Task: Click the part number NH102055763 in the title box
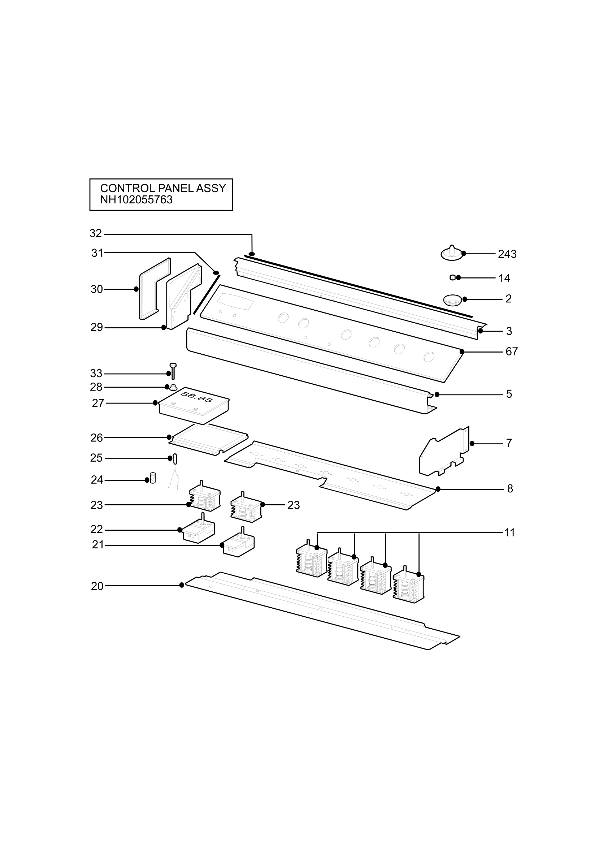[136, 200]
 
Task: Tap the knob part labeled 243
[452, 253]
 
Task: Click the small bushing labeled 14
[452, 278]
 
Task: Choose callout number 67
[512, 351]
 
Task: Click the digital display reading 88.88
[196, 397]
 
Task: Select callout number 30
[97, 289]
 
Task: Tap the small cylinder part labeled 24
[153, 478]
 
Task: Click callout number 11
[510, 532]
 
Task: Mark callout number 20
[97, 586]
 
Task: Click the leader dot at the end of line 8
[438, 489]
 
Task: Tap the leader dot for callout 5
[437, 394]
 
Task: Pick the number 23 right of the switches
[294, 505]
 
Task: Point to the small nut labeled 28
[173, 387]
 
